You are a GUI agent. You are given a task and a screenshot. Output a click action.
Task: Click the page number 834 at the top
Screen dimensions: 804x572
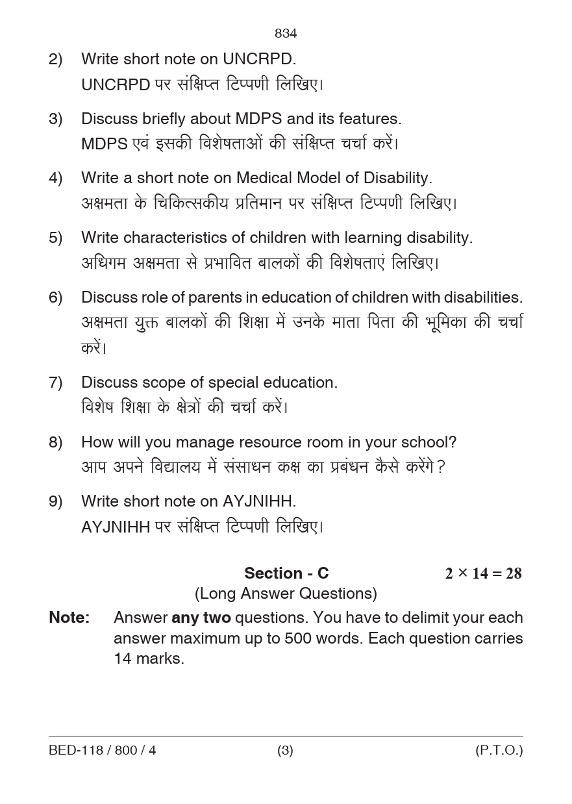[x=286, y=33]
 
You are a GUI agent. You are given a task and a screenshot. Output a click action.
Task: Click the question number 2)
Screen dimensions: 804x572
[x=56, y=59]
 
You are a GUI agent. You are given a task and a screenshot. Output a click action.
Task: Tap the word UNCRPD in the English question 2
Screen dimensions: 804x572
[x=259, y=59]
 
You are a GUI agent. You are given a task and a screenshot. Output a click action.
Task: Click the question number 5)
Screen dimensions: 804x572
[x=56, y=238]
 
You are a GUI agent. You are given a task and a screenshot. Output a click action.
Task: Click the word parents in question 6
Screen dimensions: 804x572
[x=214, y=297]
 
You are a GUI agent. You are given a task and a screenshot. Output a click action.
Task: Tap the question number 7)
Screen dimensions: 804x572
[x=56, y=383]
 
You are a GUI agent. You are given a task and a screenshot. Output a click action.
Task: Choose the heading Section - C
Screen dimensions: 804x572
[x=286, y=573]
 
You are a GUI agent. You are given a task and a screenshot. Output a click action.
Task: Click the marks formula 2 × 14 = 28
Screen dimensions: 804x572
[x=483, y=573]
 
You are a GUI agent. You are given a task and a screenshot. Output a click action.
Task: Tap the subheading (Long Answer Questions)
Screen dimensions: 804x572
[x=286, y=594]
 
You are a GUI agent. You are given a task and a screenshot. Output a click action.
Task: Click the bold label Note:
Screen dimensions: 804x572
[x=69, y=618]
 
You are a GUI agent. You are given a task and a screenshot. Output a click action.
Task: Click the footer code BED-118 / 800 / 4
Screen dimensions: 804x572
[x=103, y=750]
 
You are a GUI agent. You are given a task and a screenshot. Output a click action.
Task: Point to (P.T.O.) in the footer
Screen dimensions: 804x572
[x=499, y=750]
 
